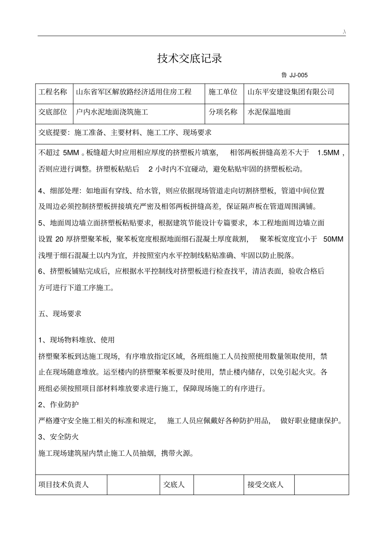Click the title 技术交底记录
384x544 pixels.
pos(190,59)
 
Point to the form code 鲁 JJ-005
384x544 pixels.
pos(294,75)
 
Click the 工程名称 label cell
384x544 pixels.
pos(53,92)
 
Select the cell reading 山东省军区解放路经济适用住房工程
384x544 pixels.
pos(134,92)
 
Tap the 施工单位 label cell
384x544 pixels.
pos(223,92)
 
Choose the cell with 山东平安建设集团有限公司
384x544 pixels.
pos(291,92)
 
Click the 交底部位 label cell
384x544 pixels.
pos(53,112)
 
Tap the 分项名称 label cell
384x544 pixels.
pos(223,112)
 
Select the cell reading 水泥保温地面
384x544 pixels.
pos(269,112)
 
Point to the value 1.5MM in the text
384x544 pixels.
pos(329,153)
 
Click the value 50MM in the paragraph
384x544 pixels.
pos(333,239)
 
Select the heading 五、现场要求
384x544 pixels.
pos(60,314)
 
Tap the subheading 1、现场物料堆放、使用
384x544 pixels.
pos(76,340)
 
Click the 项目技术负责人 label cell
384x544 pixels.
pos(63,485)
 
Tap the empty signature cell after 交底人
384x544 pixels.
pos(219,485)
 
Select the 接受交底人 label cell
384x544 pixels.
pos(266,485)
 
